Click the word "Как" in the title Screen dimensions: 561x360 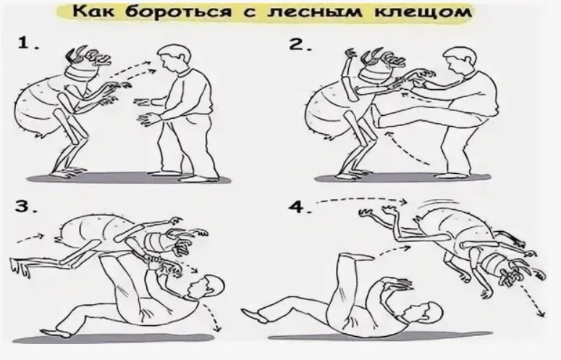[x=93, y=12]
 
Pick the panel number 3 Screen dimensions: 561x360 [x=26, y=206]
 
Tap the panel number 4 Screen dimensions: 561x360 [x=300, y=207]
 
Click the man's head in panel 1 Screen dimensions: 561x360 [x=174, y=58]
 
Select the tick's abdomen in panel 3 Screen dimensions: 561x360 [x=96, y=230]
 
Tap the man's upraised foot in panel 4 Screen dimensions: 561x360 [x=355, y=257]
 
